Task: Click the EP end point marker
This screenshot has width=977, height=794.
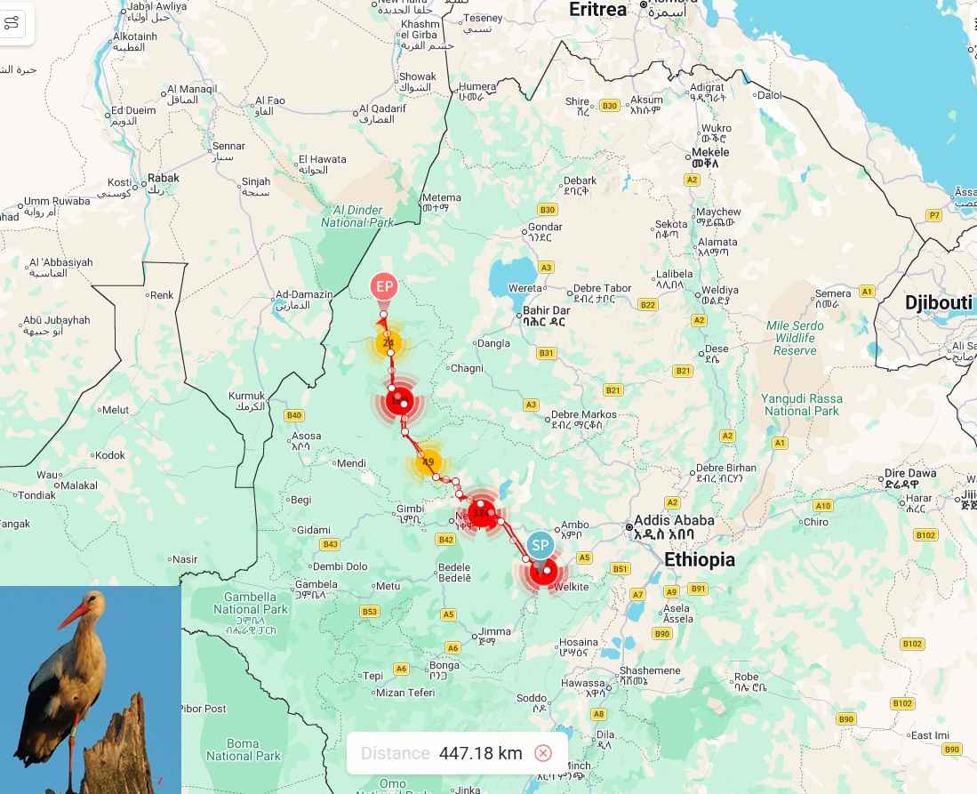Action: coord(384,286)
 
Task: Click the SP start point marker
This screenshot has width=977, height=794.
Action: coord(540,545)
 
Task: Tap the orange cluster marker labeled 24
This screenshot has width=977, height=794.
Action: coord(388,343)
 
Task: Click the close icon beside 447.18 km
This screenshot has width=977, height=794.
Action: coord(543,753)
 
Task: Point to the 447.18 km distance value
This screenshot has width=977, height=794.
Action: coord(480,753)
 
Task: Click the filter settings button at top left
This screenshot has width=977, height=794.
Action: coord(12,23)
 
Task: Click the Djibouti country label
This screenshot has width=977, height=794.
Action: coord(938,303)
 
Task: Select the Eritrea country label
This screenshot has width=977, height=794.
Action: coord(597,9)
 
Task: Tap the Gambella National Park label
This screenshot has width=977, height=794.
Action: coord(251,604)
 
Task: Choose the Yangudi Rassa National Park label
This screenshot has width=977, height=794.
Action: coord(801,405)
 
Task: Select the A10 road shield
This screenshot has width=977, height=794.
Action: coord(822,506)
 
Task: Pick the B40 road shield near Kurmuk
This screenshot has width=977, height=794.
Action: coord(293,415)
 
